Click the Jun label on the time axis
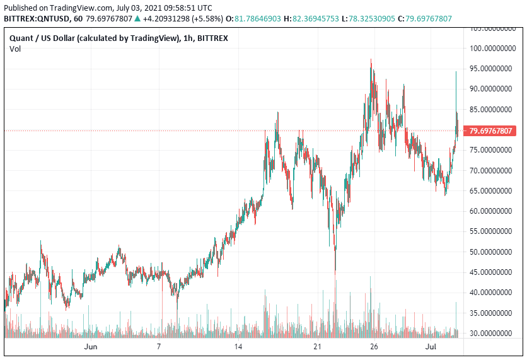coord(91,347)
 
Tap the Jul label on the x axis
coord(431,347)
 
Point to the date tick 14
coord(238,347)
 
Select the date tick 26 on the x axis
coord(374,347)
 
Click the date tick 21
coord(318,347)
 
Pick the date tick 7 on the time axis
coord(159,347)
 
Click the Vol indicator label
coord(15,49)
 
